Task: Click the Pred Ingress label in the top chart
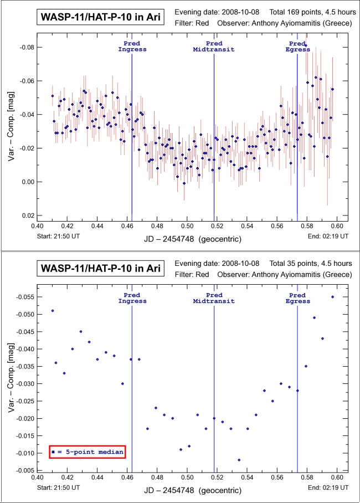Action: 132,47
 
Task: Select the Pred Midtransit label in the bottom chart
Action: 214,298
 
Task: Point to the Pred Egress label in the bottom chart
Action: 297,298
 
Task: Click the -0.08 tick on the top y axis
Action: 25,48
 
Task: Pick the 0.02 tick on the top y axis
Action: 27,215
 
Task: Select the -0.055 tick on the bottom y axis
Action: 23,297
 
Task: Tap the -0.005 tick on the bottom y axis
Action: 23,471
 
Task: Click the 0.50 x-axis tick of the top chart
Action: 187,226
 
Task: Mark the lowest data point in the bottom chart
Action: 239,460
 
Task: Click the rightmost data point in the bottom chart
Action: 332,297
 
